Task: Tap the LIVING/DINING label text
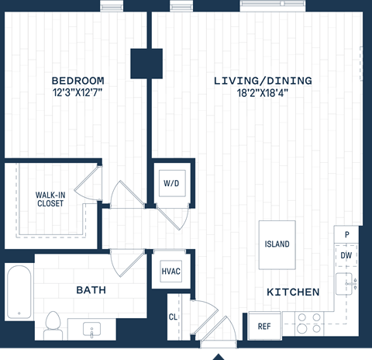point(263,81)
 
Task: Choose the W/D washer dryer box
point(171,184)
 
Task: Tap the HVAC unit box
point(171,272)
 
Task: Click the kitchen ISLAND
point(277,244)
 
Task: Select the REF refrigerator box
point(263,326)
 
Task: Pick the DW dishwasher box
point(346,254)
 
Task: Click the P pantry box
point(346,234)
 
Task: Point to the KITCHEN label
point(293,292)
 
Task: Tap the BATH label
point(91,290)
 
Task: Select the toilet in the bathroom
point(53,324)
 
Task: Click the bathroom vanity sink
point(91,330)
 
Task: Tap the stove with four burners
point(308,324)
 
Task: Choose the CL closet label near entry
point(173,317)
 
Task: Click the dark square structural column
point(146,64)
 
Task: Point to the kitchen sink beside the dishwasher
point(346,285)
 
